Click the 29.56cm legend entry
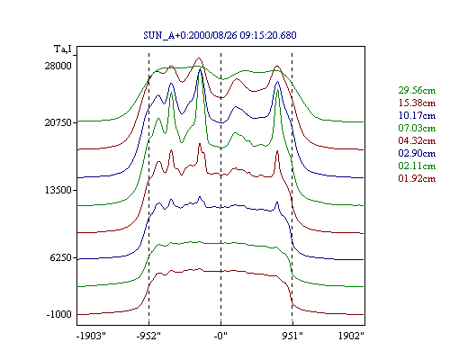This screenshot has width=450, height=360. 417,90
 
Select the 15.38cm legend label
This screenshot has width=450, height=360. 417,103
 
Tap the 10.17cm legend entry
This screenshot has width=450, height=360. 417,115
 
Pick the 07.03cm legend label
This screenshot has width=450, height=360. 417,128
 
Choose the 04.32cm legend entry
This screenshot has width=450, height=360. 417,140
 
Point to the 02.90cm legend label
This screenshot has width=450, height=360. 417,153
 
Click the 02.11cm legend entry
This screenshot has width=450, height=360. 417,166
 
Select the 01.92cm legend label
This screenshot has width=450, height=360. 417,178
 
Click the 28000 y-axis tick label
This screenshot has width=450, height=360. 58,66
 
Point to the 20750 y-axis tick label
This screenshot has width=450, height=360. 58,122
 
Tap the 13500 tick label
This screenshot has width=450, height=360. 58,190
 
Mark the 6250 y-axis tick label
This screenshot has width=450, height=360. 61,257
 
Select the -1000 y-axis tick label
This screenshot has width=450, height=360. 59,314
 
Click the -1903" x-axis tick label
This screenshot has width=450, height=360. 91,336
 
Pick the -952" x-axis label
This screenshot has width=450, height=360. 148,336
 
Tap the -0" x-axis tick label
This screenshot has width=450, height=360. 220,336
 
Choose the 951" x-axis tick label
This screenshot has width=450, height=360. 292,336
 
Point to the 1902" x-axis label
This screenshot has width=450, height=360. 351,336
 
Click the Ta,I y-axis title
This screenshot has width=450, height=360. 63,49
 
